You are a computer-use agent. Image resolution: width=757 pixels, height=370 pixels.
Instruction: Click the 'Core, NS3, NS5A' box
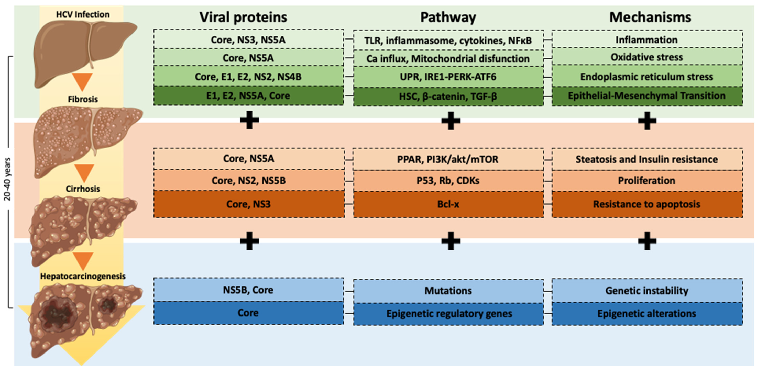[x=248, y=39]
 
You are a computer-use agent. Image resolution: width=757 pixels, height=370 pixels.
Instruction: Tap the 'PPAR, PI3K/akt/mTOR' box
[x=448, y=159]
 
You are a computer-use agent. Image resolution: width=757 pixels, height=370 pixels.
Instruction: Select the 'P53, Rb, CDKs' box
[x=448, y=180]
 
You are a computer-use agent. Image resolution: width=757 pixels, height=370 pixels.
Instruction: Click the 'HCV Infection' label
[x=83, y=14]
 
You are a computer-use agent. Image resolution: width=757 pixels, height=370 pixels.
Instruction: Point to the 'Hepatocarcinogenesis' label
[x=83, y=276]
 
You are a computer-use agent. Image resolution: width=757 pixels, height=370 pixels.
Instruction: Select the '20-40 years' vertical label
[x=7, y=179]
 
